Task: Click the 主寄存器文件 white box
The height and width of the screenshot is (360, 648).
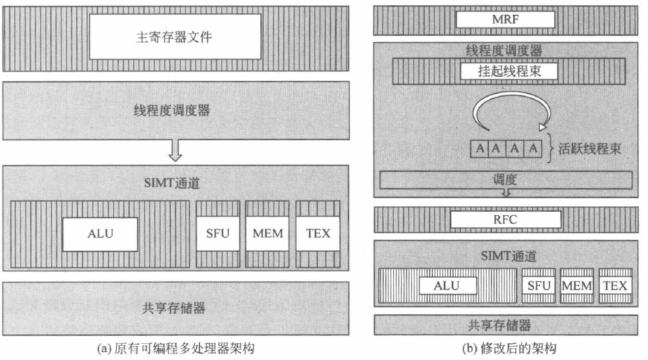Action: click(x=175, y=36)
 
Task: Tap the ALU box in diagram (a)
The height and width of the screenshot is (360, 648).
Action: click(x=100, y=234)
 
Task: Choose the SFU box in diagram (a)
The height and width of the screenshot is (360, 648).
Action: click(x=218, y=234)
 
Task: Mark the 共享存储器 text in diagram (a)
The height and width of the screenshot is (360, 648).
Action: click(x=174, y=308)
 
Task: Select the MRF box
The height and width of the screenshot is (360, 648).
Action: click(x=505, y=20)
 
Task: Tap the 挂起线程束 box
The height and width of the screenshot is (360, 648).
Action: click(x=504, y=71)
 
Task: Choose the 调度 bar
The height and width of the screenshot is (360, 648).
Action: click(x=505, y=180)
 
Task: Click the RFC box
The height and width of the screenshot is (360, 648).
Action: click(x=505, y=219)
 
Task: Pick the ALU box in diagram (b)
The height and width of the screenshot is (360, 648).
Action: click(x=446, y=286)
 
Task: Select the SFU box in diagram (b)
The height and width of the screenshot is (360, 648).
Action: click(x=539, y=286)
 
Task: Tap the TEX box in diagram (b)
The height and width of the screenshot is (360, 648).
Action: click(x=614, y=286)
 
